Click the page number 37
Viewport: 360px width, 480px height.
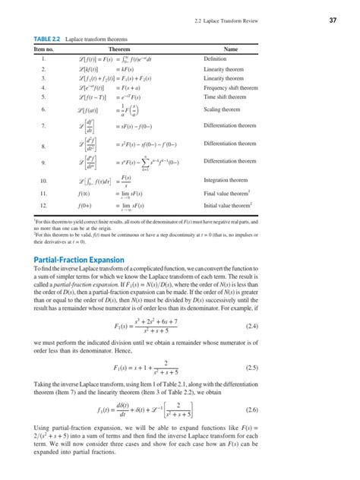tap(333, 19)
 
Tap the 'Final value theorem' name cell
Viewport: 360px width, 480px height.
tap(231, 193)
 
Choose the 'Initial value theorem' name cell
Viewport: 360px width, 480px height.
tap(232, 204)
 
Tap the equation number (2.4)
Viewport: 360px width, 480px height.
tap(309, 327)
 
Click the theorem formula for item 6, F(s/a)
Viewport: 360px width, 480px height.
tap(134, 110)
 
